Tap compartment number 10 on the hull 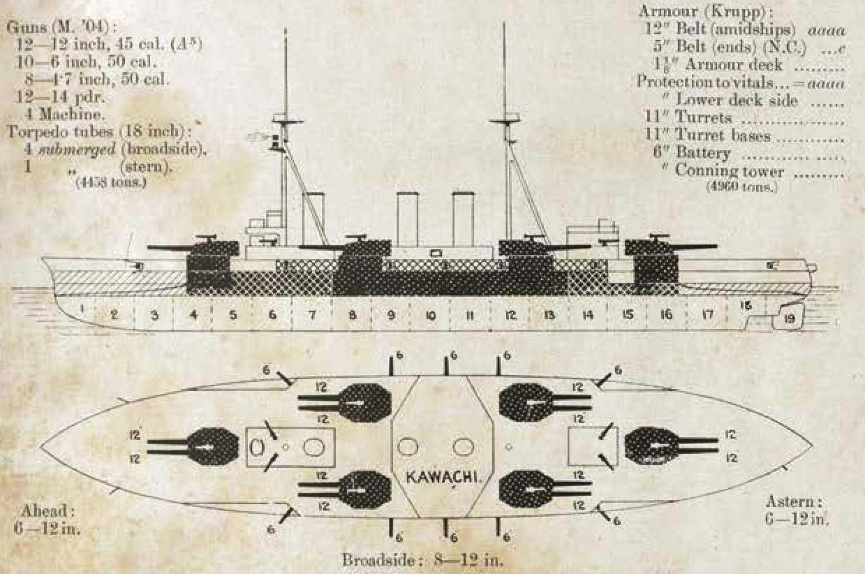click(x=431, y=316)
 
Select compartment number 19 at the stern click(x=790, y=319)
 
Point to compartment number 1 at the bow click(x=82, y=307)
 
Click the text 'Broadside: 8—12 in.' click(x=422, y=560)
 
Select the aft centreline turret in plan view click(x=651, y=446)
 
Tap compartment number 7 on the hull click(x=312, y=316)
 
